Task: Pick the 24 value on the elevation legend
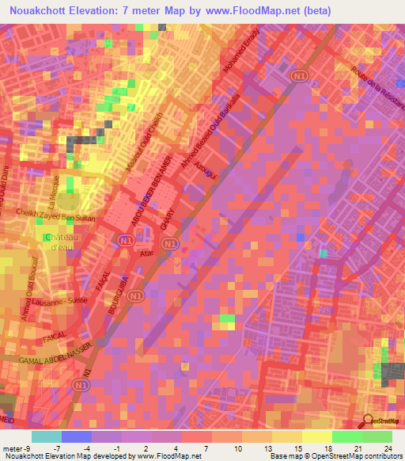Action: [x=388, y=448]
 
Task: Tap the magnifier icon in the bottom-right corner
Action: [x=368, y=421]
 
